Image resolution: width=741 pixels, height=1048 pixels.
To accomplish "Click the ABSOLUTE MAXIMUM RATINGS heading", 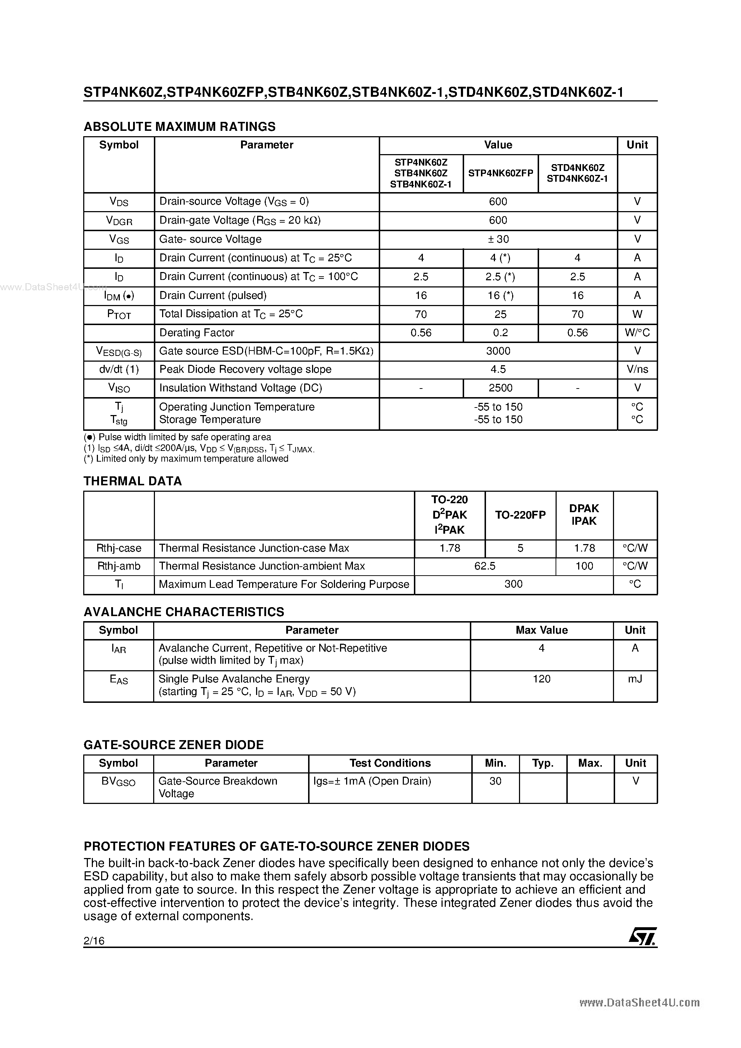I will [180, 127].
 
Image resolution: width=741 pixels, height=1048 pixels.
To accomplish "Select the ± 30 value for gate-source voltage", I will [498, 239].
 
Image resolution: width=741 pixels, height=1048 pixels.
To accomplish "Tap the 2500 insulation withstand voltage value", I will [500, 388].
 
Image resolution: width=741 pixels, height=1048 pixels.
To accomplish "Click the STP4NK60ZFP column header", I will [501, 173].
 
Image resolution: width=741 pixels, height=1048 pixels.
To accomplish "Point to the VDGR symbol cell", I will [119, 220].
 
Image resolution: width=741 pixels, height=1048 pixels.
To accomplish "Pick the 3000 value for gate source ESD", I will [498, 351].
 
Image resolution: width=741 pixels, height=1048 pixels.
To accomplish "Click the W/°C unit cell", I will [637, 333].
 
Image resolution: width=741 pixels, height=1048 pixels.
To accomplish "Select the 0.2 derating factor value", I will [500, 333].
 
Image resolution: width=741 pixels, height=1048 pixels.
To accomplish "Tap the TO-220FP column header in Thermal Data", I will [520, 515].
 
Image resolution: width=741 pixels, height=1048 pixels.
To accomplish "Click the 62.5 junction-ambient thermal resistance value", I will [485, 566].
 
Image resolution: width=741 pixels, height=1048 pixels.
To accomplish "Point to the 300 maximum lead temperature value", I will [514, 584].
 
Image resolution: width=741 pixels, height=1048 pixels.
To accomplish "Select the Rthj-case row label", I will [119, 548].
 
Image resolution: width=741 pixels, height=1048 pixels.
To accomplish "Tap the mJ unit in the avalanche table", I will [635, 679].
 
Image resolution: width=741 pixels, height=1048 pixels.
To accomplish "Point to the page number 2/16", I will [94, 941].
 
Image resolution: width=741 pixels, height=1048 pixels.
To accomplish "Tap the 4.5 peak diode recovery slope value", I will [498, 369].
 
